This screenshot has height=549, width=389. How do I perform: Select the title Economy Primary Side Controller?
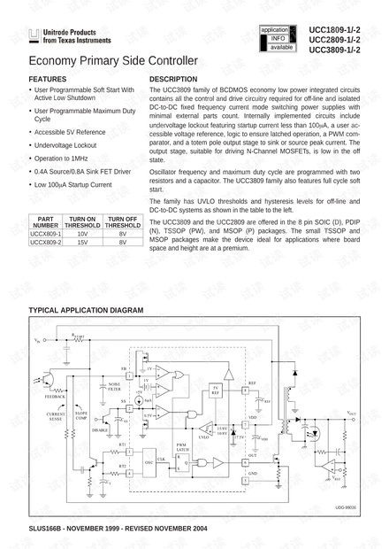click(x=113, y=61)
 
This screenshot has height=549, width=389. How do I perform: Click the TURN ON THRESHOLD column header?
click(x=83, y=221)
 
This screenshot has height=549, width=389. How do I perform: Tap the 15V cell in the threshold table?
click(x=83, y=243)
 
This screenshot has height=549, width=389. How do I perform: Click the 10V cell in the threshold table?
click(x=83, y=234)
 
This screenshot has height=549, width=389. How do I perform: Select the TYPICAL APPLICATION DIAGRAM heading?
click(x=86, y=311)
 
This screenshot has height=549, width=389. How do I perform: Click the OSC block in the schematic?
click(x=149, y=461)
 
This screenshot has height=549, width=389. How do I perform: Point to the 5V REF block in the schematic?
click(x=215, y=390)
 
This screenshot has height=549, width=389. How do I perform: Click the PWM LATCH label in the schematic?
click(x=181, y=447)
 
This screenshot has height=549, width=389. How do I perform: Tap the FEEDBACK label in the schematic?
click(x=55, y=397)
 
